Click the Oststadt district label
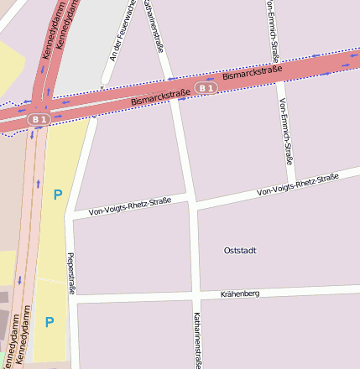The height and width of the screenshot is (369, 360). [240, 251]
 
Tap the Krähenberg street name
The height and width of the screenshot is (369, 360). [240, 294]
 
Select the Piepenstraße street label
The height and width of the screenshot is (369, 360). [71, 273]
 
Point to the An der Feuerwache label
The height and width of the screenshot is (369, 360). [123, 31]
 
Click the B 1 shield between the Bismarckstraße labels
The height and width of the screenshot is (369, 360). [206, 87]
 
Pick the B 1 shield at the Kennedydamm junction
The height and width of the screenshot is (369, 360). [39, 120]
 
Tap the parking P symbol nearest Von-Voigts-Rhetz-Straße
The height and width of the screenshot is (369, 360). [57, 195]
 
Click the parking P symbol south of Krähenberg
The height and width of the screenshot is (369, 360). [50, 322]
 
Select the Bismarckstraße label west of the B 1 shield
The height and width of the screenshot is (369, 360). [161, 99]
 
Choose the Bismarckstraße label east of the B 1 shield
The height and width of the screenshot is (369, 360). [253, 74]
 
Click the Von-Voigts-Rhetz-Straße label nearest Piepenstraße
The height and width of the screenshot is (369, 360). [129, 206]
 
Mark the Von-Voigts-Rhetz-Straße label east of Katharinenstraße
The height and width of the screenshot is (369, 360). [298, 184]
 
